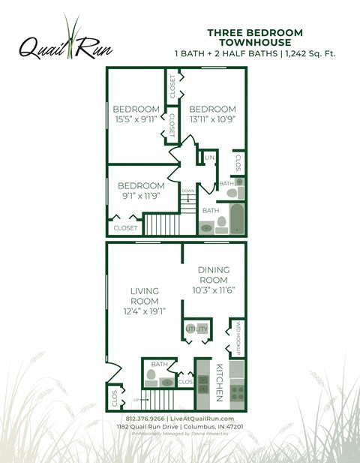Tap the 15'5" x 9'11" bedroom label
[136, 113]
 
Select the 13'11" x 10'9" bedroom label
[212, 113]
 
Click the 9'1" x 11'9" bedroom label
[141, 191]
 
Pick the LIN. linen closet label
[210, 158]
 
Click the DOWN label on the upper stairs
[187, 191]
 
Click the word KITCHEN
[220, 383]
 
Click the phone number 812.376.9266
[146, 419]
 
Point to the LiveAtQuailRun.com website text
[202, 419]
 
